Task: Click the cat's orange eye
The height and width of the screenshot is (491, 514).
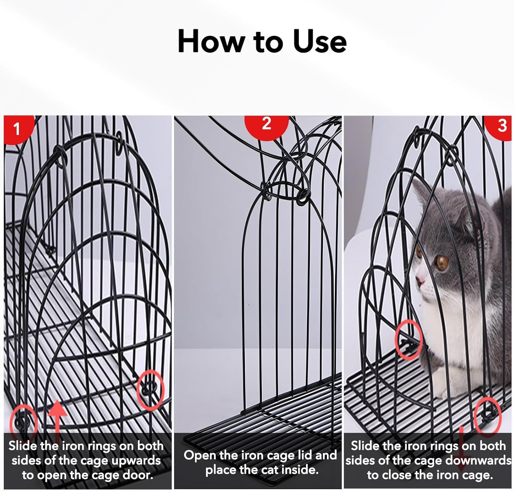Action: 442,262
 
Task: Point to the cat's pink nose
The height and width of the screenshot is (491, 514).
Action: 419,281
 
